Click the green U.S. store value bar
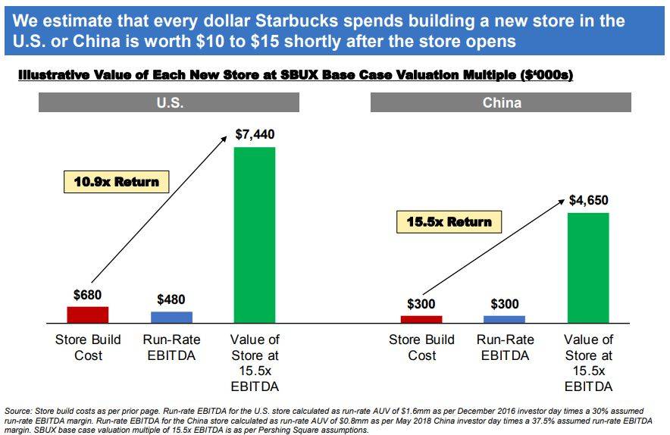click(x=254, y=235)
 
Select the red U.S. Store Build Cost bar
click(x=88, y=315)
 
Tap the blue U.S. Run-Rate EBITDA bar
click(x=171, y=317)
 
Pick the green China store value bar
click(x=588, y=268)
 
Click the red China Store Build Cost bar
click(x=421, y=319)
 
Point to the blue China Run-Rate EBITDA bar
click(x=504, y=319)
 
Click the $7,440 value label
click(x=255, y=135)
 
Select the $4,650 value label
click(x=589, y=201)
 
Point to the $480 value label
click(x=171, y=299)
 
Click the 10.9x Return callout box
click(x=116, y=182)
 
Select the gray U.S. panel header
click(x=170, y=102)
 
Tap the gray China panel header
click(x=501, y=102)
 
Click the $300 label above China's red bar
click(x=421, y=304)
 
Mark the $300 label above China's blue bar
click(x=504, y=304)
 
